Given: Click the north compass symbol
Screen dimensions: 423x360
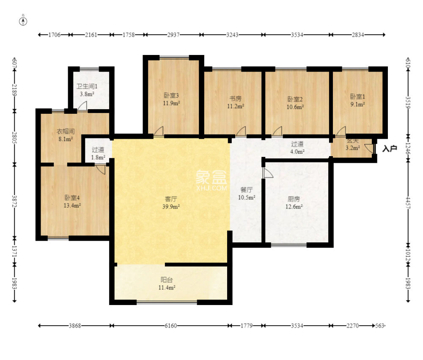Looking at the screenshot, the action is (x=23, y=21).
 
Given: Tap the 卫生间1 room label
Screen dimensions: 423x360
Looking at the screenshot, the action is (x=87, y=86).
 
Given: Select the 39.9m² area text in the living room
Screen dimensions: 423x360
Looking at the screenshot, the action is (x=171, y=207).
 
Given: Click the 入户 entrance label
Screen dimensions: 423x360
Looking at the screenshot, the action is (x=390, y=148).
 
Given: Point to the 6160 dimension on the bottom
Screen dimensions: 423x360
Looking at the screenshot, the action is (x=171, y=326).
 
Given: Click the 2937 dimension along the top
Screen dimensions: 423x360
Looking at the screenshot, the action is (x=173, y=35).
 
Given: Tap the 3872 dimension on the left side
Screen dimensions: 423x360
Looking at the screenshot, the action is (x=14, y=201).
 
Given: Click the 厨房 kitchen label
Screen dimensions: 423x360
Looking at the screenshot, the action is (x=294, y=199).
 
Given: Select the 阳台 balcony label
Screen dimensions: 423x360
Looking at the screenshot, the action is (x=166, y=280).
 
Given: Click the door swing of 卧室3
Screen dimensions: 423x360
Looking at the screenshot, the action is (x=159, y=131).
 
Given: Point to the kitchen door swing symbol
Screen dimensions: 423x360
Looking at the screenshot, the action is (x=268, y=173).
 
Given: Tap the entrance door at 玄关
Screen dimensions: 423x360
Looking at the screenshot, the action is (x=370, y=149).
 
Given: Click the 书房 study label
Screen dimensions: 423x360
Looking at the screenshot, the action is (x=236, y=99).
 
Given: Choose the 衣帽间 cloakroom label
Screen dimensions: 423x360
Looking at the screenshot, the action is (x=66, y=132).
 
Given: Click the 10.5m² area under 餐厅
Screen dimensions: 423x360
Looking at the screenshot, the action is (x=247, y=198).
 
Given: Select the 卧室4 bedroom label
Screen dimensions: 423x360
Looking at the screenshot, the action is (x=72, y=198).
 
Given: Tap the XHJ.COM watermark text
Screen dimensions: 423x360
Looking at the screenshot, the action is (x=211, y=188).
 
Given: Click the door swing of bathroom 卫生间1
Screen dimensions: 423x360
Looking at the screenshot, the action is (x=82, y=105).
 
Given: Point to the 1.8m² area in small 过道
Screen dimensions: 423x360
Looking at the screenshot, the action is (x=98, y=157).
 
